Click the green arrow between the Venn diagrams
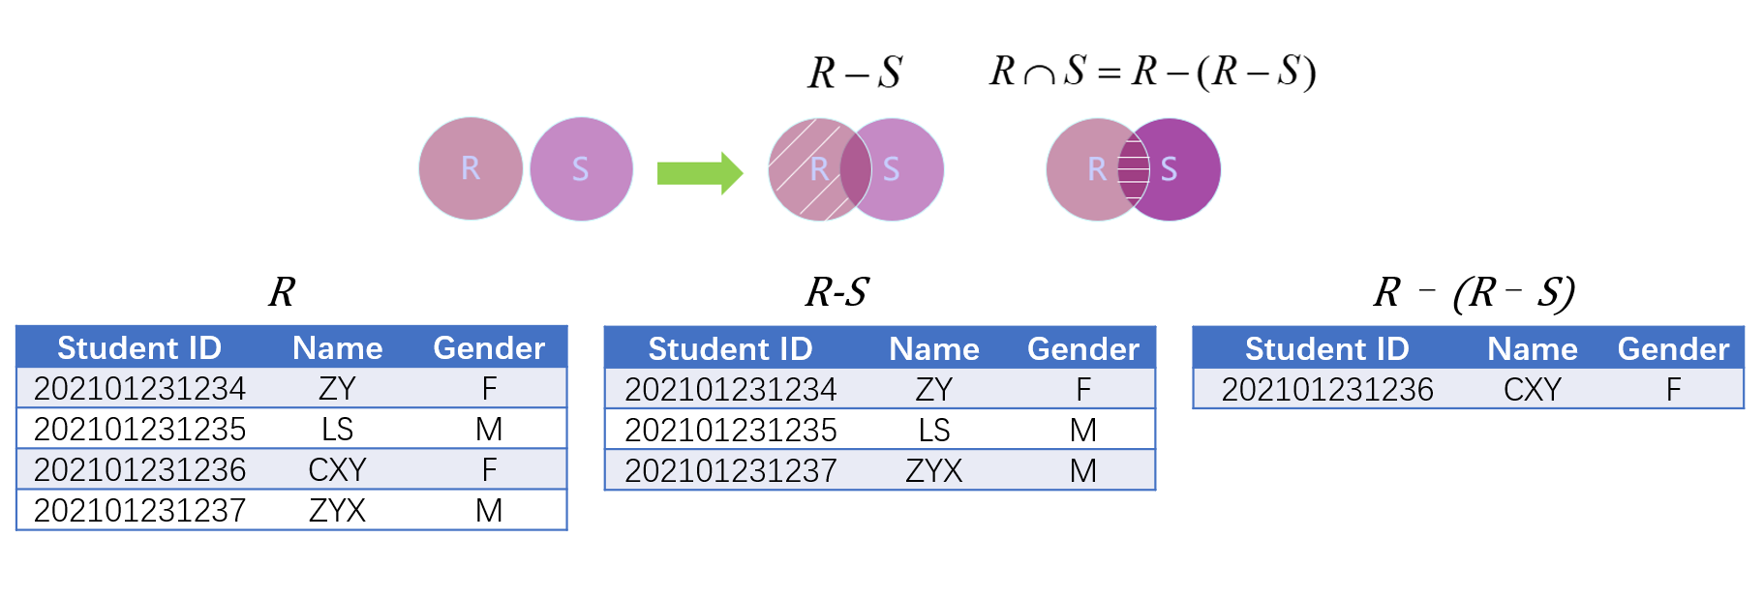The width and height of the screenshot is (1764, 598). click(x=700, y=173)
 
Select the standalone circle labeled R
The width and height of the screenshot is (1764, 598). click(x=471, y=169)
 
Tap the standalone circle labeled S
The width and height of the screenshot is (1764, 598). click(x=581, y=169)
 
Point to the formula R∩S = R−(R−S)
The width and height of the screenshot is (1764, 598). click(x=1152, y=72)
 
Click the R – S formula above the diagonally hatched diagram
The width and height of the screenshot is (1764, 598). click(x=855, y=73)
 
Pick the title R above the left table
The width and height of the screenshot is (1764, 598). click(x=282, y=291)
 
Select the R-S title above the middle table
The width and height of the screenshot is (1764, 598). click(x=837, y=291)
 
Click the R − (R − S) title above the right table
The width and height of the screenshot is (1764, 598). click(x=1475, y=292)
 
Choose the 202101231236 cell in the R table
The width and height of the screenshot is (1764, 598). click(x=140, y=469)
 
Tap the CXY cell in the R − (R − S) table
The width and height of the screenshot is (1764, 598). click(x=1533, y=389)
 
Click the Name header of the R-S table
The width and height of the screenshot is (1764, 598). click(x=934, y=348)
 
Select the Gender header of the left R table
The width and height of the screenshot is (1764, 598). click(x=489, y=347)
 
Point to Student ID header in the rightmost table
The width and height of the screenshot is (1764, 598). click(x=1327, y=348)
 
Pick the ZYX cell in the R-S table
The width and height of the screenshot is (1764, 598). click(x=934, y=470)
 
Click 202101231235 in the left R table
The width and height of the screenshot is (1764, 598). click(x=140, y=429)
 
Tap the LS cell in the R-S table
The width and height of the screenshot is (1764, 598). click(x=934, y=430)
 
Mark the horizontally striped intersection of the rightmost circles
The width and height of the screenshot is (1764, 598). click(x=1134, y=169)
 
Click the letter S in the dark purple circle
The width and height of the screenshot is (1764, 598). click(x=1169, y=169)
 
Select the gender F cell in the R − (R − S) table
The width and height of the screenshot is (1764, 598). click(x=1673, y=389)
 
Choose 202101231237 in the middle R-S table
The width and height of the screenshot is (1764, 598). click(x=731, y=470)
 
